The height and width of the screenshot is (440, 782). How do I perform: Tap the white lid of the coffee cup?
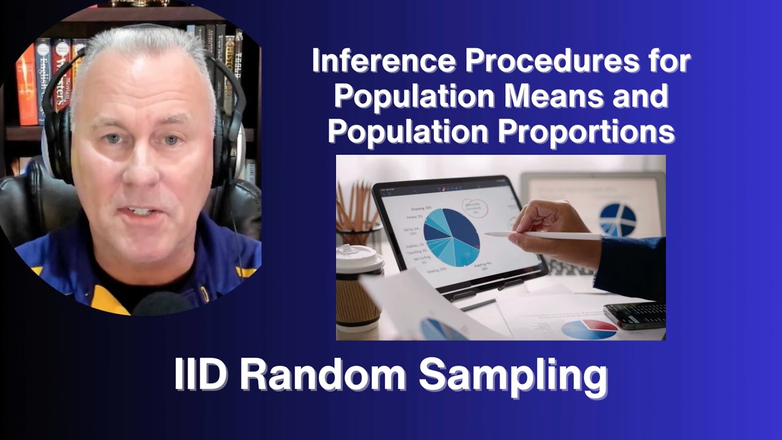pos(359,260)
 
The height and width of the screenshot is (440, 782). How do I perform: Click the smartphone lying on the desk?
pos(635,315)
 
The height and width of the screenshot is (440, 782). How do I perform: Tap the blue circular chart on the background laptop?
pos(617,219)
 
